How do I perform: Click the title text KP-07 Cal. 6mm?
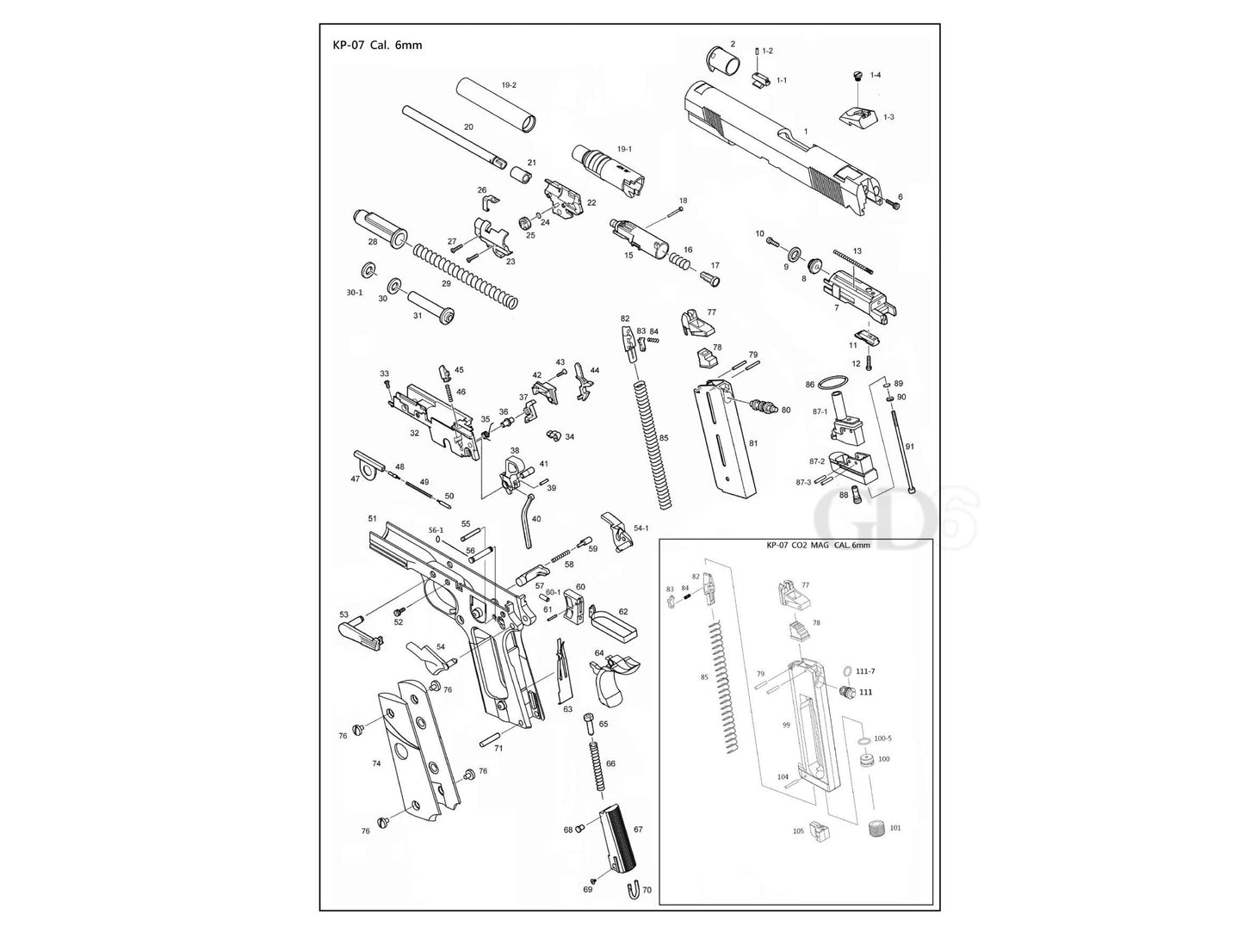coord(377,45)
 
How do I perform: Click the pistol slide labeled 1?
coord(775,142)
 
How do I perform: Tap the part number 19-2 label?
coord(509,85)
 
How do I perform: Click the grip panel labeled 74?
coord(413,753)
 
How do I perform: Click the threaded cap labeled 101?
coord(874,831)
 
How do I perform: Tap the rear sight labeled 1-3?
coord(856,114)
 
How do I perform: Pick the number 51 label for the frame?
coord(373,519)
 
